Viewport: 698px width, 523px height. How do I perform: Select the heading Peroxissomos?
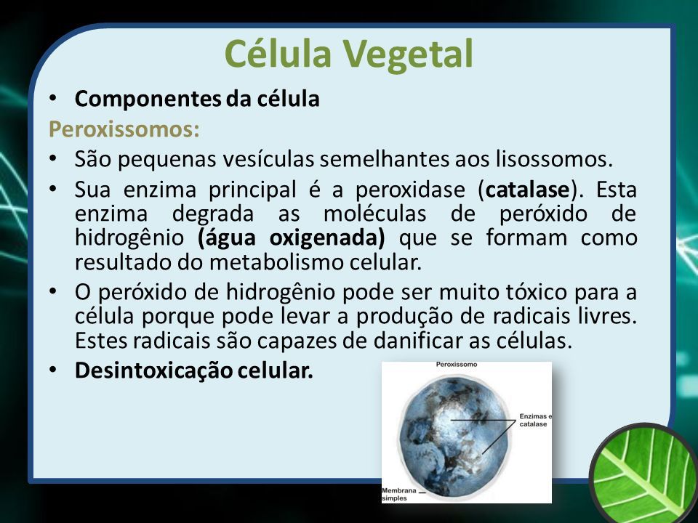124,129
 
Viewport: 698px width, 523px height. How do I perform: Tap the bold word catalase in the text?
528,190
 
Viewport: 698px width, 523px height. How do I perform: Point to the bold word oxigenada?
327,238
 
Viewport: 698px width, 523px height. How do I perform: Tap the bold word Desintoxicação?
153,370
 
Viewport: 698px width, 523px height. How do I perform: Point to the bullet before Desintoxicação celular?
53,370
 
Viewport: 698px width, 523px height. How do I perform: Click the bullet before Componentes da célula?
53,98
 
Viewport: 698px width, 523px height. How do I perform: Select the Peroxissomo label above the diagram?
457,364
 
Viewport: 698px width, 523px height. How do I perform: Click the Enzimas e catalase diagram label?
535,421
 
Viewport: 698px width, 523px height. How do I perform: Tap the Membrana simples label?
399,494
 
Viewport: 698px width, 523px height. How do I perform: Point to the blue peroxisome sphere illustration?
454,436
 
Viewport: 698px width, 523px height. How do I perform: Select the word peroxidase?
410,190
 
